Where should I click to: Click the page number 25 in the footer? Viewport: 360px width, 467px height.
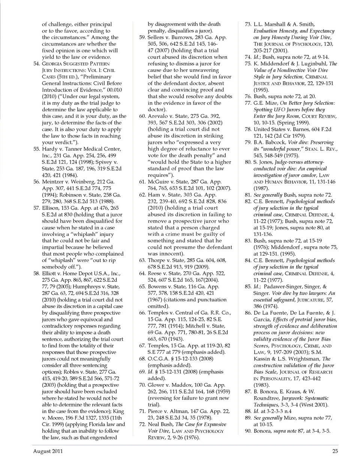point(335,451)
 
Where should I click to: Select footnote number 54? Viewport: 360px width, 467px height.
point(36,64)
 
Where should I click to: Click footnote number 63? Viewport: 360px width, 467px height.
point(142,260)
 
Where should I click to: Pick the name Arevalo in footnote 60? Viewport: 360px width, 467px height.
point(157,116)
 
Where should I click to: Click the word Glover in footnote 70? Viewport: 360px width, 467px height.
point(156,385)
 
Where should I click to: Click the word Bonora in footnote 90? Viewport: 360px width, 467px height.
point(262,431)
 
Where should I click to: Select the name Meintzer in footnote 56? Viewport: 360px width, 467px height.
point(53,182)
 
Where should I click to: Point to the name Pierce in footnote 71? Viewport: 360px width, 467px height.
point(155,411)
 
